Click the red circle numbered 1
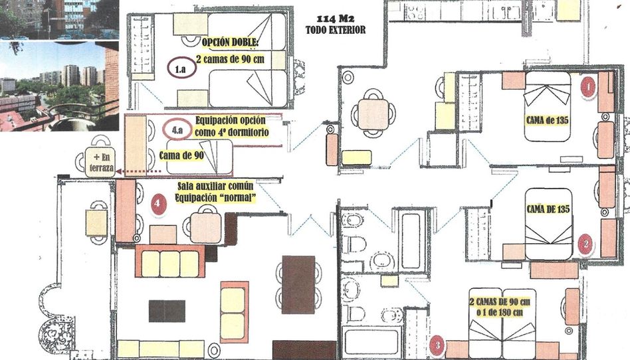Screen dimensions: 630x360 point(588,86)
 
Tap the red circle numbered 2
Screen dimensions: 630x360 point(585,244)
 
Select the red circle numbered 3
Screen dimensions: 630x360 point(437,345)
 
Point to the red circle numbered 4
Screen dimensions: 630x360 point(158,204)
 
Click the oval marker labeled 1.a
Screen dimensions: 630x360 point(181,68)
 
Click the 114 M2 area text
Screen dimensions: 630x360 point(335,19)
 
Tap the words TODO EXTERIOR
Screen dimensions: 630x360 point(336,30)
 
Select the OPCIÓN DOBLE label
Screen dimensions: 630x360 point(231,43)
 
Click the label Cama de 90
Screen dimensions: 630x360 point(181,155)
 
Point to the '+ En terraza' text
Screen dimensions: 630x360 point(100,162)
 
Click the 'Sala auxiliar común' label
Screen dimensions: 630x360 point(215,186)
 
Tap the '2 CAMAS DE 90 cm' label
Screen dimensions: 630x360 point(500,302)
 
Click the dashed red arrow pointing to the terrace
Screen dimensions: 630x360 point(139,171)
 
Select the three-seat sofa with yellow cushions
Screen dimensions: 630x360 point(170,261)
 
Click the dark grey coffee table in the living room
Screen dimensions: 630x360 point(167,311)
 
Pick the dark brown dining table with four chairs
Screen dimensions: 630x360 point(298,284)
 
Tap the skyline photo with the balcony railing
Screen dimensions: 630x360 point(59,86)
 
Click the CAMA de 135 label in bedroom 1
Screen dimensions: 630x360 point(547,120)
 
